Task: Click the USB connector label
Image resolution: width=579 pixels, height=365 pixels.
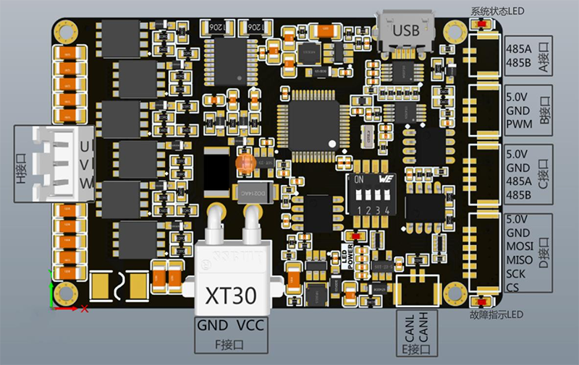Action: click(406, 31)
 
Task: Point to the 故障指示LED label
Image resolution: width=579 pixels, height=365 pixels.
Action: click(496, 315)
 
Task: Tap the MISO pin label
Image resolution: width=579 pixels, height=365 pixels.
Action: click(521, 260)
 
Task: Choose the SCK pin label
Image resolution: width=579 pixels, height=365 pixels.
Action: click(517, 275)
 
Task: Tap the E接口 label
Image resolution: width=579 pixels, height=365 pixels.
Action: click(419, 350)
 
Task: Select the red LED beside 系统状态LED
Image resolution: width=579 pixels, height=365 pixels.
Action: click(478, 25)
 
